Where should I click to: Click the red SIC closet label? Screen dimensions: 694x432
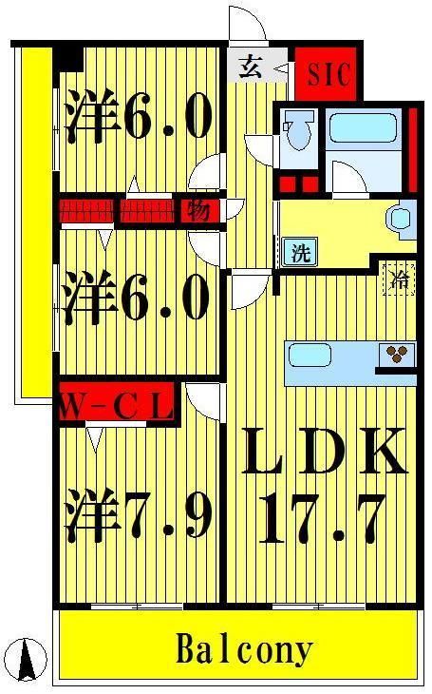tap(328, 72)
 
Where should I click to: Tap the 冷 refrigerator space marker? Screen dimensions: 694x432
tap(400, 280)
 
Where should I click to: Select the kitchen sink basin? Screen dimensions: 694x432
tap(309, 357)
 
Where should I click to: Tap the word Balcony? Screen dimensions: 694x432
tap(244, 650)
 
